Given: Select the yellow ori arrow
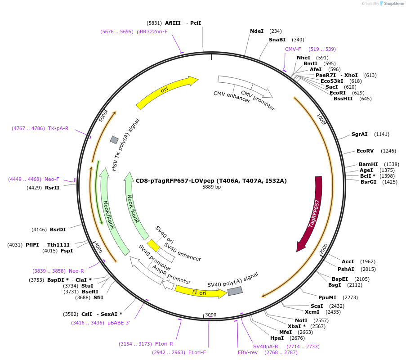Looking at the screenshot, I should [x=166, y=92].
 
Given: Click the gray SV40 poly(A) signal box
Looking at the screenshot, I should [x=235, y=291].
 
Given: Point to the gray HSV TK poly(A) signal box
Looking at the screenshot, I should [x=114, y=140].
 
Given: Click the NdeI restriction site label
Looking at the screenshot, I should [x=257, y=31].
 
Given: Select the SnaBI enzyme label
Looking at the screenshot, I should [x=277, y=40].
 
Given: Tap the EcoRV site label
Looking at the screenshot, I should [x=365, y=151].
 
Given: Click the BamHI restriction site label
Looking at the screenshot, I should [x=368, y=164].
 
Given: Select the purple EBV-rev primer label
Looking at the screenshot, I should [x=248, y=352].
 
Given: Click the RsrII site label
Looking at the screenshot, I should [x=52, y=188].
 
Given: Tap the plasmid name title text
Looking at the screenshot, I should [x=211, y=181].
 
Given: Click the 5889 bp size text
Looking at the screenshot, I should [x=211, y=187].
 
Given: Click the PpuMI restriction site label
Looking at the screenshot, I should [x=327, y=297].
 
